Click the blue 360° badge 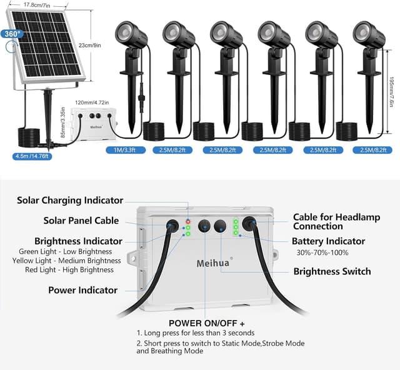click(11, 34)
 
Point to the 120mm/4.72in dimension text click(92, 102)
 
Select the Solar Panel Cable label click(81, 221)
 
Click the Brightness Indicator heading click(79, 241)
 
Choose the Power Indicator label click(82, 290)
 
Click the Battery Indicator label click(328, 241)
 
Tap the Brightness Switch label click(332, 271)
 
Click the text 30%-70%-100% click(322, 252)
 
